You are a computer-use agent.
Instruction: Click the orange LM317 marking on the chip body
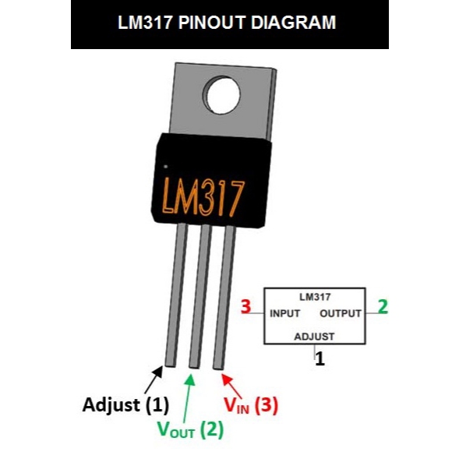point(204,194)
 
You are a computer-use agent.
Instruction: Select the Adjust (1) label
point(125,404)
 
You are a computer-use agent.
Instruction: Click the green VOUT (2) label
point(190,428)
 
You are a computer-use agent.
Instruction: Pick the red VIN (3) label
point(251,404)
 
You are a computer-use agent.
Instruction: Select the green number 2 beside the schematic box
point(382,306)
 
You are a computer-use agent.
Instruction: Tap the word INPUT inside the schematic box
point(286,313)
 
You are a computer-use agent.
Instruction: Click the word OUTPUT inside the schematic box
point(341,313)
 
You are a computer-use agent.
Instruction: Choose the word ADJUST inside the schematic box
point(314,337)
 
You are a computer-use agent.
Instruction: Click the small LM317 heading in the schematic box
point(315,297)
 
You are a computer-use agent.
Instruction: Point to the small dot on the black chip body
point(165,166)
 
